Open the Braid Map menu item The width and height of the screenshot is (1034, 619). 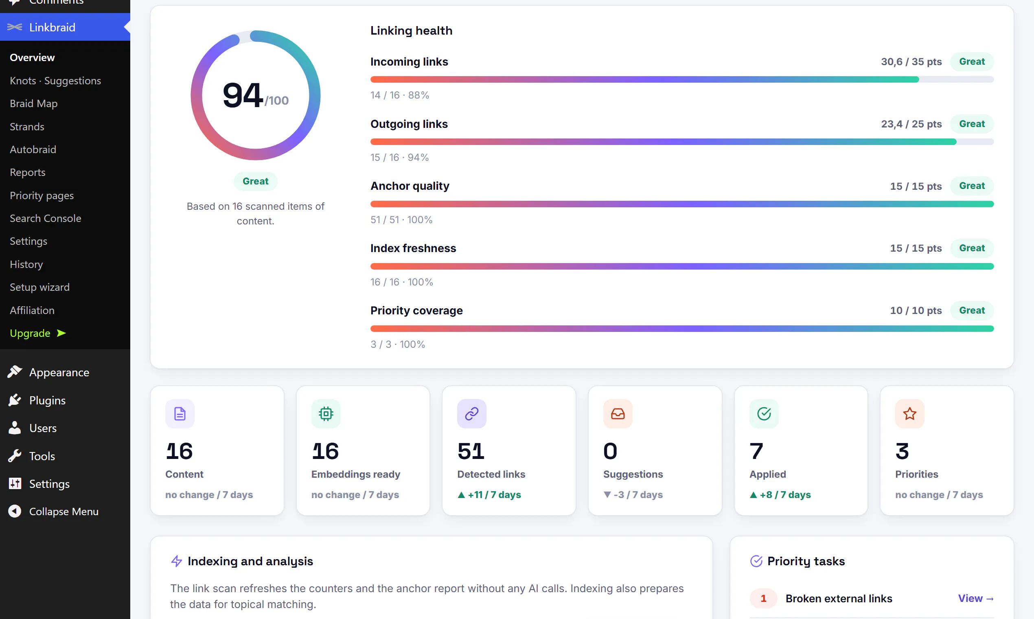(34, 103)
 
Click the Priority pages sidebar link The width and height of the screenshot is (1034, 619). (42, 195)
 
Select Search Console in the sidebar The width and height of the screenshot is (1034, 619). (46, 218)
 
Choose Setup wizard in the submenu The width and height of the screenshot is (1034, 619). (39, 287)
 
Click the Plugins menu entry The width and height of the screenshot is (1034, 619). (47, 400)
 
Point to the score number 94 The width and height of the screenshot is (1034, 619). (243, 95)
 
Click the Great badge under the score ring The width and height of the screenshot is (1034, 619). (255, 181)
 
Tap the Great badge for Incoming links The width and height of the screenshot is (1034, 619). (971, 61)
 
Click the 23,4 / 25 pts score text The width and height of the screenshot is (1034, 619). (911, 124)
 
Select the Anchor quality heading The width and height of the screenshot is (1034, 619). (410, 186)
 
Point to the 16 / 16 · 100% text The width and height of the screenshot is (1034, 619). (401, 282)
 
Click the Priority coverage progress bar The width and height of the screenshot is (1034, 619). (682, 329)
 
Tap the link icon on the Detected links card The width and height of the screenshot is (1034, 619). (471, 414)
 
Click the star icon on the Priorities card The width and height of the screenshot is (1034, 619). (909, 414)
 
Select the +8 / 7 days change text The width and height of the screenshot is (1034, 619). (780, 495)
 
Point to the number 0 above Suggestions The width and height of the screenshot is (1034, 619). (610, 451)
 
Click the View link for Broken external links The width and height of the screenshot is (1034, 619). (976, 598)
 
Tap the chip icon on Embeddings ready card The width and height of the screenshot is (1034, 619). (326, 414)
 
